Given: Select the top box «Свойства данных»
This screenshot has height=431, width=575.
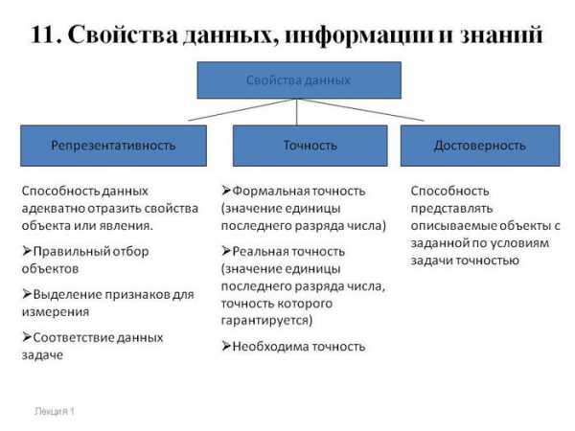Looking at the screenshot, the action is pyautogui.click(x=299, y=80).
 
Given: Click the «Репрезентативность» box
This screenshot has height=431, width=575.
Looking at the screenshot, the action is pyautogui.click(x=113, y=146).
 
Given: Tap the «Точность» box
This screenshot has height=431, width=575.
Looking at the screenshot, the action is pyautogui.click(x=310, y=146).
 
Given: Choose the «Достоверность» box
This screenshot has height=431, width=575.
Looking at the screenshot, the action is pyautogui.click(x=480, y=146).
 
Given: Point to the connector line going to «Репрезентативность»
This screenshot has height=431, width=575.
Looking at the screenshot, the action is pyautogui.click(x=242, y=109).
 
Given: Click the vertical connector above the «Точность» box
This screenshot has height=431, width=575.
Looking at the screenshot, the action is pyautogui.click(x=296, y=112).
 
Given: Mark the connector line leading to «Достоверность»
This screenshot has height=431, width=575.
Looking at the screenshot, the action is pyautogui.click(x=360, y=109).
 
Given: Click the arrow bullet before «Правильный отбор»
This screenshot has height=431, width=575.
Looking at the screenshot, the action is pyautogui.click(x=27, y=251).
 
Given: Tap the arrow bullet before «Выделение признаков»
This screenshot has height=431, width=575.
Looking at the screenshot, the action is pyautogui.click(x=27, y=294).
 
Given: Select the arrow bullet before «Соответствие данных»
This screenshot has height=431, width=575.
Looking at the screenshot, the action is pyautogui.click(x=27, y=337).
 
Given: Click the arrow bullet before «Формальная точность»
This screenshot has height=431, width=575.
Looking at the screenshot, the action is pyautogui.click(x=226, y=191).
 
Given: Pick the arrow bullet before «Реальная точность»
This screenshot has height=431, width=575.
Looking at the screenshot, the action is pyautogui.click(x=226, y=251).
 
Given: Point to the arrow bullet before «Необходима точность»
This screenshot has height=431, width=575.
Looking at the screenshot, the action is pyautogui.click(x=226, y=346).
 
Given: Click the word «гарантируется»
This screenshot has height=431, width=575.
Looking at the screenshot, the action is pyautogui.click(x=266, y=321).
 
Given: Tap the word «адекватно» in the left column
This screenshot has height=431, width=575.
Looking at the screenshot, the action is pyautogui.click(x=53, y=209).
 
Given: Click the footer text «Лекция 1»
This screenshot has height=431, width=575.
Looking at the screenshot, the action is pyautogui.click(x=55, y=412).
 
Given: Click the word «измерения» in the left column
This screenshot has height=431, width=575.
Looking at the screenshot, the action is pyautogui.click(x=56, y=312).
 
